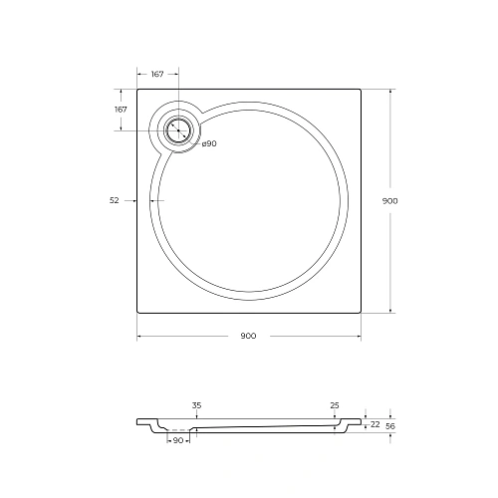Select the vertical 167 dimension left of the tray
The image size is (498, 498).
pyautogui.click(x=121, y=110)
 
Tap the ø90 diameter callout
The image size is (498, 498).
pyautogui.click(x=209, y=144)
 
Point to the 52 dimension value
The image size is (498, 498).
pyautogui.click(x=115, y=200)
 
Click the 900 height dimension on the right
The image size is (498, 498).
pyautogui.click(x=390, y=201)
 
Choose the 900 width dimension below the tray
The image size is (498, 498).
pyautogui.click(x=248, y=336)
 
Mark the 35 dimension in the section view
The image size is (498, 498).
pyautogui.click(x=196, y=405)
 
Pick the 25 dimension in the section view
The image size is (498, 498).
pyautogui.click(x=334, y=405)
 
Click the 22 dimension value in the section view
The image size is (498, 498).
pyautogui.click(x=375, y=425)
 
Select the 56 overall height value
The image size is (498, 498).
pyautogui.click(x=391, y=425)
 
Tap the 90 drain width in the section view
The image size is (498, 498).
pyautogui.click(x=178, y=440)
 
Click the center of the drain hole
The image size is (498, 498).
pyautogui.click(x=178, y=130)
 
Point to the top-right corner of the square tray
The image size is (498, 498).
pyautogui.click(x=362, y=89)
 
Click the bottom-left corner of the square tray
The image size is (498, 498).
pyautogui.click(x=136, y=315)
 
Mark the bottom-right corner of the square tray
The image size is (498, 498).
pyautogui.click(x=362, y=315)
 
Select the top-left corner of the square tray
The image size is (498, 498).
pyautogui.click(x=136, y=89)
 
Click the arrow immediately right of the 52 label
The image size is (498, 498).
pyautogui.click(x=129, y=200)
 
